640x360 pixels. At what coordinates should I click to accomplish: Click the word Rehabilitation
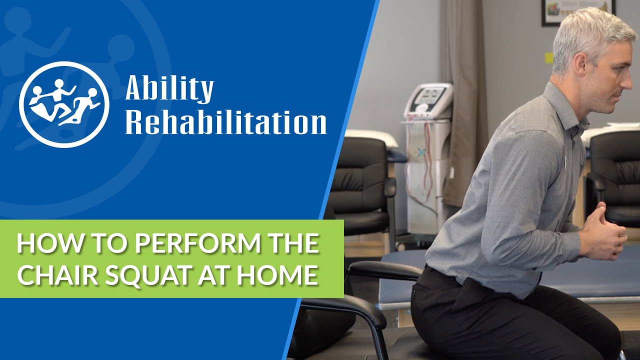click(x=225, y=122)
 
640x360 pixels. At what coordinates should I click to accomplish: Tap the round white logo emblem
click(x=64, y=104)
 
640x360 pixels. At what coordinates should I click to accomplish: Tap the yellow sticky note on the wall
click(x=548, y=57)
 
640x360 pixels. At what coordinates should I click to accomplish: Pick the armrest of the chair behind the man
click(x=385, y=270)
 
